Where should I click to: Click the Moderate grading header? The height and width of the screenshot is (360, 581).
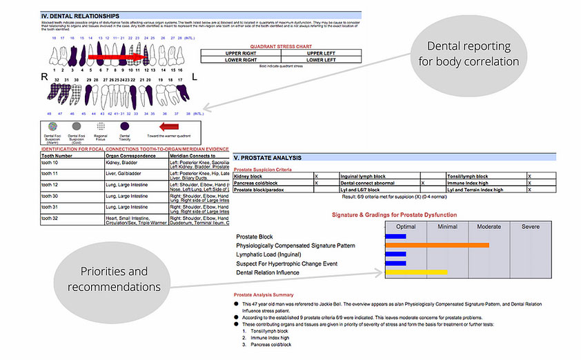click(489, 226)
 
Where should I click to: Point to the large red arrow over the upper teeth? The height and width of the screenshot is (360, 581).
click(114, 58)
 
